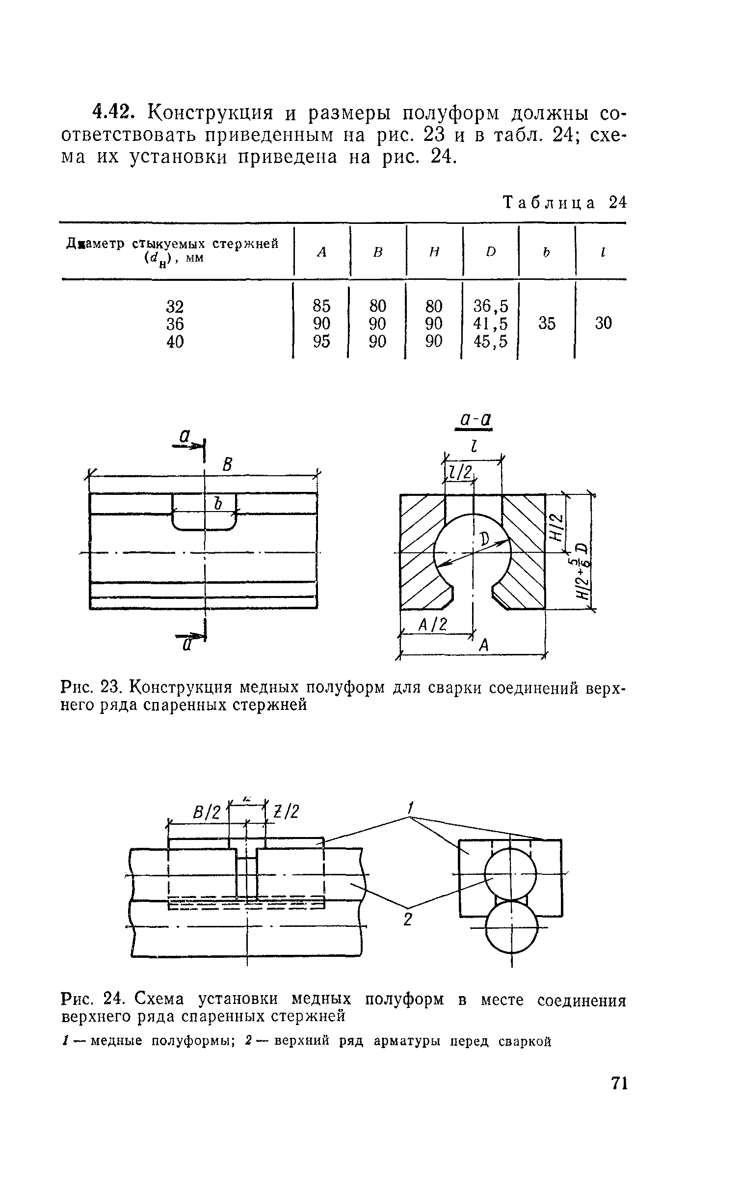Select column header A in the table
click(321, 252)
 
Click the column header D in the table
click(490, 252)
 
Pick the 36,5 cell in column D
click(490, 306)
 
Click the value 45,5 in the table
click(490, 341)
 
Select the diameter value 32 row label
click(175, 306)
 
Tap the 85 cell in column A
click(321, 306)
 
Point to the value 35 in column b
click(547, 323)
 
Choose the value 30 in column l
click(603, 323)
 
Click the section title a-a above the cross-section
click(474, 420)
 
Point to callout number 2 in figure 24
click(407, 919)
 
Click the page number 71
click(619, 1111)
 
